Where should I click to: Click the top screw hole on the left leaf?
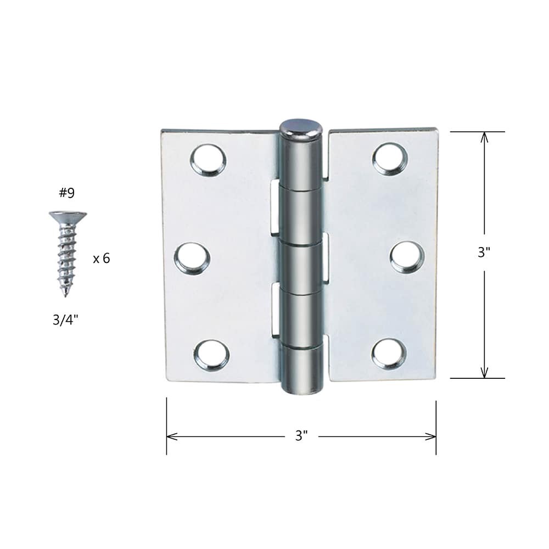208,159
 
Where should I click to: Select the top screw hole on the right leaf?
390,158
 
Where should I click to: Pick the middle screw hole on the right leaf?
406,256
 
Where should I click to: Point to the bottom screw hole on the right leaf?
388,354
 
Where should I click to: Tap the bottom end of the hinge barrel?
301,387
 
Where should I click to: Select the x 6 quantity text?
101,258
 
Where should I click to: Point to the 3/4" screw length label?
65,320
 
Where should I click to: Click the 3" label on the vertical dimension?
484,253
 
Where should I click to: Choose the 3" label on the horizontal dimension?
301,436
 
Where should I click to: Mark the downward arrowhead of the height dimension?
484,373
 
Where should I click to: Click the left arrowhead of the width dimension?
171,436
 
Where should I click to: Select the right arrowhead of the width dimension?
432,436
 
